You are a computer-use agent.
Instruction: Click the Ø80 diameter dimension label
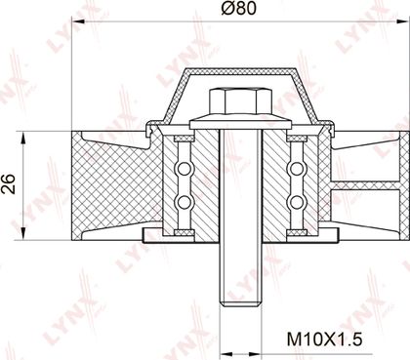coord(238,9)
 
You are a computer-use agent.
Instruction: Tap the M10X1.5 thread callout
coord(324,340)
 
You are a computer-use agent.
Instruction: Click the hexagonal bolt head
coord(241,101)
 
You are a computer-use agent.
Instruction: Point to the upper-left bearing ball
coord(184,169)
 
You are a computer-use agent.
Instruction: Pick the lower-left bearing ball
coord(184,202)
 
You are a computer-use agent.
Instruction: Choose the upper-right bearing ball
coord(297,169)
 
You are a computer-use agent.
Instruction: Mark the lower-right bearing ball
coord(297,202)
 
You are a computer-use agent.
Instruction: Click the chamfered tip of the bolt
coord(241,303)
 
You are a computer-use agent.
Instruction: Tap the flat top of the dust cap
coord(240,70)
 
